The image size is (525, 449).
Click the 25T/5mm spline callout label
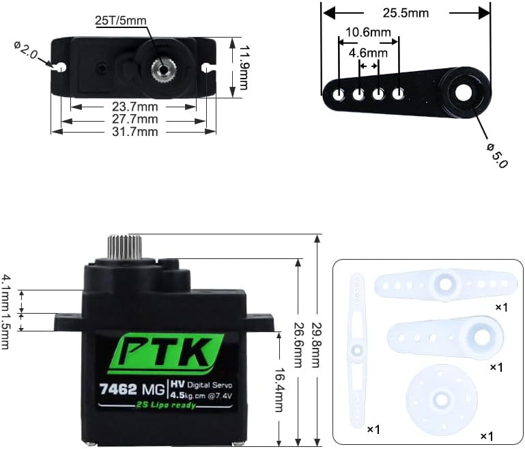tap(121, 21)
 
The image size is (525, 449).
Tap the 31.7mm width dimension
tap(135, 132)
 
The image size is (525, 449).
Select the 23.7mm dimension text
tap(135, 107)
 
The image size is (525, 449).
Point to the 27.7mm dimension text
tap(135, 120)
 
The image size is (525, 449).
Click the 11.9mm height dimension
tap(244, 68)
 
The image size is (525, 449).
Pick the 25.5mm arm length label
tap(406, 13)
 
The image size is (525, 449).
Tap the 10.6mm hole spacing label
tap(368, 33)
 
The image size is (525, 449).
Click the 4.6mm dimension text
tap(368, 53)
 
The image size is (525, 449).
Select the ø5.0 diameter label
tap(498, 155)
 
